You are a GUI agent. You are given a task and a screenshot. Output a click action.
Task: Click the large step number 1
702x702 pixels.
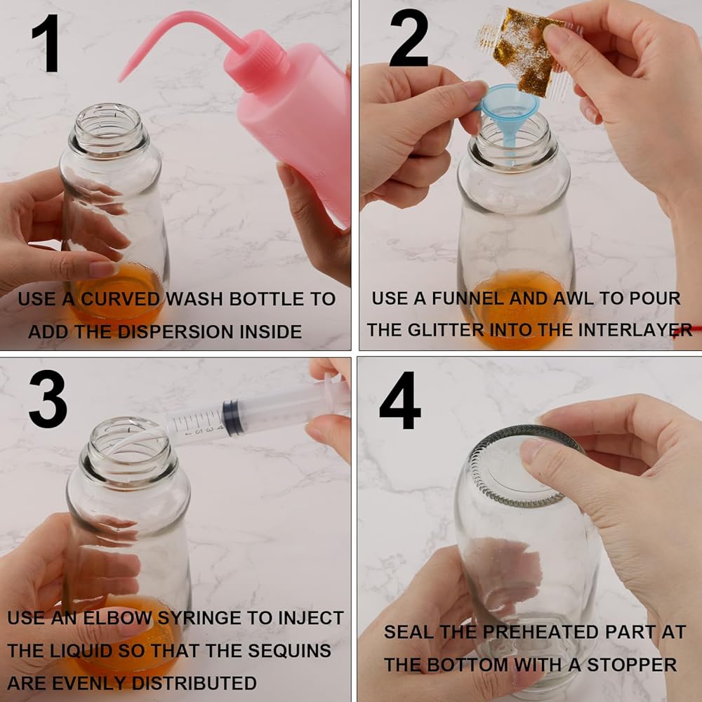(x=46, y=43)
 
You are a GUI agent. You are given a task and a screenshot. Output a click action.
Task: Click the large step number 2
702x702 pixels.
(x=409, y=39)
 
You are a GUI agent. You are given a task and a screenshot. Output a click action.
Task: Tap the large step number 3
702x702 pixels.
(x=48, y=399)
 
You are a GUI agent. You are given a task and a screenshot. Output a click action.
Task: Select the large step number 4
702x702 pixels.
(x=400, y=400)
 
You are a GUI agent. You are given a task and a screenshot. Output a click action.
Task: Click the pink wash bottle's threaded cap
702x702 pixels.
(x=256, y=61)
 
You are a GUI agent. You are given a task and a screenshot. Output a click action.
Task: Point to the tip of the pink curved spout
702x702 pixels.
(x=121, y=80)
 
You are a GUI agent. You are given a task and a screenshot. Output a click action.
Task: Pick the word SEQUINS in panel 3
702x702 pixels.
(x=289, y=651)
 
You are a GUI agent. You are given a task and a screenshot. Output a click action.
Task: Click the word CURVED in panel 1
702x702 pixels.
(x=121, y=299)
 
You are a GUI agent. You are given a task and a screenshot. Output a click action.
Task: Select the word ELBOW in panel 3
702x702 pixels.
(x=118, y=618)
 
